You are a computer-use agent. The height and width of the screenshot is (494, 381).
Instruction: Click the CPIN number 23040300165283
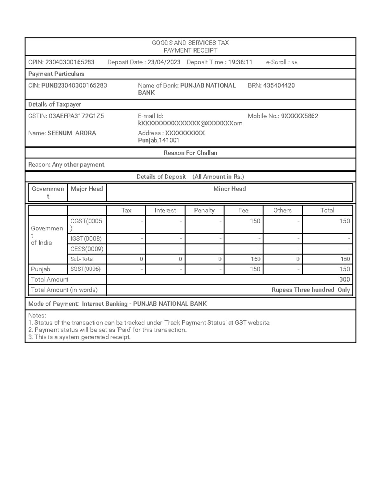(x=70, y=62)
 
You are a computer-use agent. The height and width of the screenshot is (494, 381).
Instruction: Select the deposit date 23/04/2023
(x=164, y=62)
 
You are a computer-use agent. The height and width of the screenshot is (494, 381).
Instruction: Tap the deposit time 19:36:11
(x=240, y=62)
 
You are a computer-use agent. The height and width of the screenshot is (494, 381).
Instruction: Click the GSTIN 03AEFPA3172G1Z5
(x=76, y=116)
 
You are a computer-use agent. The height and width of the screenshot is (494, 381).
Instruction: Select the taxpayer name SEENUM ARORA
(x=72, y=133)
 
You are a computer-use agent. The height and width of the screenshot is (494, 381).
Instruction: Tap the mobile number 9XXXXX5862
(x=299, y=116)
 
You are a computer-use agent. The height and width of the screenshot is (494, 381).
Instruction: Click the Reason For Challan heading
(x=190, y=153)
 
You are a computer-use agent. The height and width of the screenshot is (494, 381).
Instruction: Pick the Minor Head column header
(x=230, y=189)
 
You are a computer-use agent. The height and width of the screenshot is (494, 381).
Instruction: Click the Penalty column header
(x=204, y=211)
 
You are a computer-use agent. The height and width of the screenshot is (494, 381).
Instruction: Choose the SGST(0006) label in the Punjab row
(x=85, y=269)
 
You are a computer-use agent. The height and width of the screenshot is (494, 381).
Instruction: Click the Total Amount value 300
(x=344, y=280)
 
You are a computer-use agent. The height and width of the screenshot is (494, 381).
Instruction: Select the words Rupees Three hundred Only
(x=311, y=290)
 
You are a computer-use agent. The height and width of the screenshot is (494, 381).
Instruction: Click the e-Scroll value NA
(x=294, y=63)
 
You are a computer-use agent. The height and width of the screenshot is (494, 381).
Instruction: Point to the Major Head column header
(x=87, y=189)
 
